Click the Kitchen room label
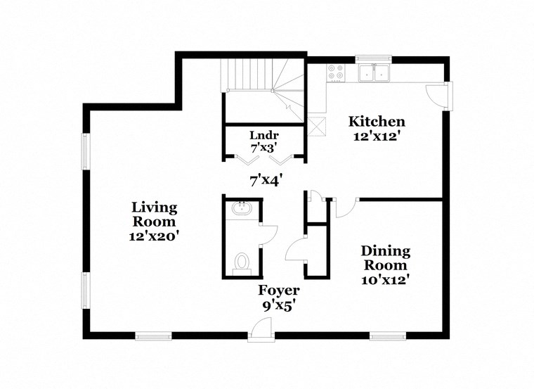(x=377, y=122)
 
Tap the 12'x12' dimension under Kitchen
(x=377, y=136)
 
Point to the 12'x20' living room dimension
(x=155, y=237)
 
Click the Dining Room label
(x=385, y=258)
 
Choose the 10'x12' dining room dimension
(x=385, y=279)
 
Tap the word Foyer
(x=279, y=291)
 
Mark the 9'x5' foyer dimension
(x=279, y=305)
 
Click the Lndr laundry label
(x=265, y=135)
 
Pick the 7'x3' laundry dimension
(x=265, y=148)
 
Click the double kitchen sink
(x=374, y=72)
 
